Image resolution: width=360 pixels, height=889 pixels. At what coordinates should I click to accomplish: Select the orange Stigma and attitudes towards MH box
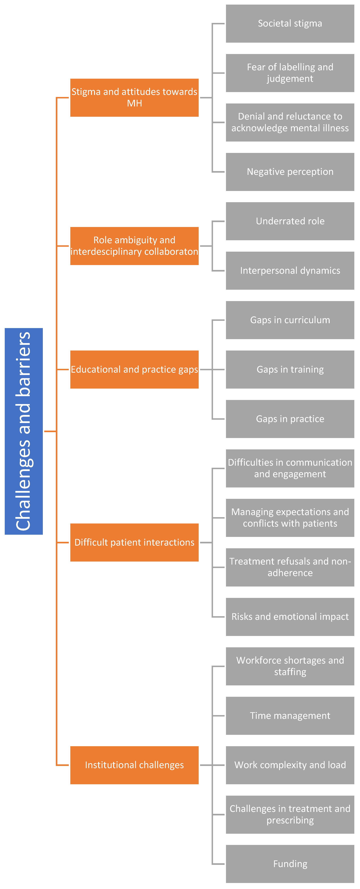134,98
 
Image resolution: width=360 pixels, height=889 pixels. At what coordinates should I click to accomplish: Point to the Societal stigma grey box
290,24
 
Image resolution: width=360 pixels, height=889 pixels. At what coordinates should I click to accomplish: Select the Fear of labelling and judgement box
290,73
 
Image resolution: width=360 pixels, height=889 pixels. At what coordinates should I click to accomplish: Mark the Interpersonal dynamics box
290,271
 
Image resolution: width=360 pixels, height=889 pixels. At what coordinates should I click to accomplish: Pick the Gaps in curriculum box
290,320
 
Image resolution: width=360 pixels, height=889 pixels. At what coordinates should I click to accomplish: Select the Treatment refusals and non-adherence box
290,567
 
